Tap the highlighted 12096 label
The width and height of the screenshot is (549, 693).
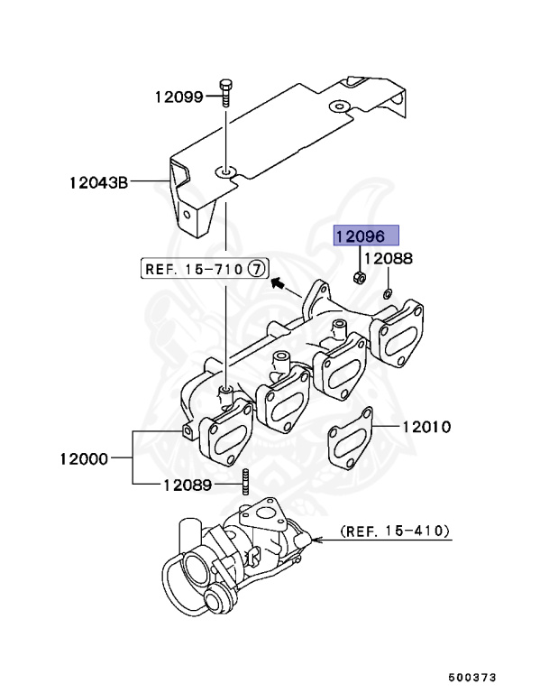tap(361, 236)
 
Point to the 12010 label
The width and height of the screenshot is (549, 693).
tap(426, 426)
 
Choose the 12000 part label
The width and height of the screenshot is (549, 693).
tap(84, 458)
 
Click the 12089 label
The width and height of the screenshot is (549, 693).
tap(188, 485)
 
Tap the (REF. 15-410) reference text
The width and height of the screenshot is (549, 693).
tap(395, 532)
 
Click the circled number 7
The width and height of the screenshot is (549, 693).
tap(257, 268)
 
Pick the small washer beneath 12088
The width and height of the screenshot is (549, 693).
tap(386, 293)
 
